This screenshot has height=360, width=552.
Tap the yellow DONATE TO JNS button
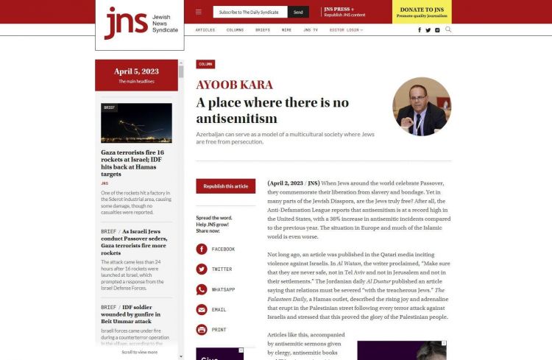coord(422,12)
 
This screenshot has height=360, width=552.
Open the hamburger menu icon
coord(199,12)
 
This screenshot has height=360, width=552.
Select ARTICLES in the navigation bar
coord(205,30)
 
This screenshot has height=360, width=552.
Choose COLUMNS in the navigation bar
coord(235,30)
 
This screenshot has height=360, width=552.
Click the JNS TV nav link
coord(311,30)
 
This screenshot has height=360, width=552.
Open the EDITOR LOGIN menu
coord(346,30)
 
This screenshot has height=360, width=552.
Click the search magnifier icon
coord(448,29)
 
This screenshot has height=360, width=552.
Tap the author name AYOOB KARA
coord(234,85)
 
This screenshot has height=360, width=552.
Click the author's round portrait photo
coord(422,106)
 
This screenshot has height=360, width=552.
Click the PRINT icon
coord(202,329)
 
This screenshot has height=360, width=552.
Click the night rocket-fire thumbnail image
coord(136,122)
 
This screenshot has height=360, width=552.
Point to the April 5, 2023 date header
coord(136,71)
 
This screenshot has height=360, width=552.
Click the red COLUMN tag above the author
coord(205,64)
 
